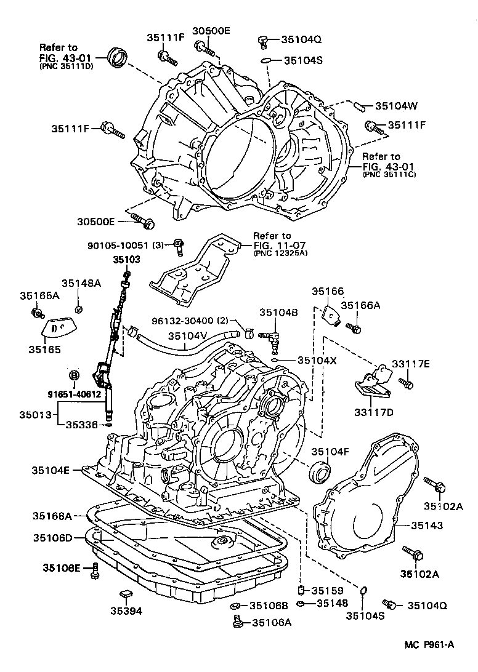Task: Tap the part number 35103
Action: (126, 260)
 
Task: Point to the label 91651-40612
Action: (74, 395)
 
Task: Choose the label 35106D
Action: (53, 538)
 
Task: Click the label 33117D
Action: (373, 412)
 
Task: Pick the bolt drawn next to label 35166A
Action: (354, 327)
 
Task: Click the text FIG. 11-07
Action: (273, 247)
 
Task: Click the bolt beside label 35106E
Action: (95, 570)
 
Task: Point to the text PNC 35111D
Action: (66, 66)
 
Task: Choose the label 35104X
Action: (317, 360)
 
